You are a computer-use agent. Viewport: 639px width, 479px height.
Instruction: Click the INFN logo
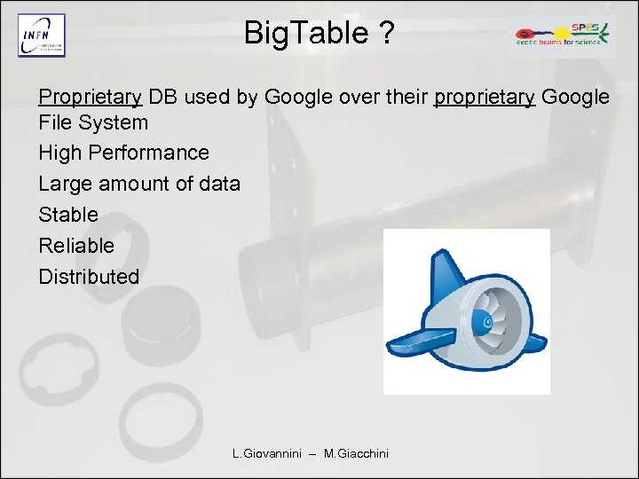[42, 36]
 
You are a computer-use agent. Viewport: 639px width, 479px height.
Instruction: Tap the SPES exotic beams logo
[562, 35]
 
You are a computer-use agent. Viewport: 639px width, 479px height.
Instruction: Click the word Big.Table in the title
[305, 34]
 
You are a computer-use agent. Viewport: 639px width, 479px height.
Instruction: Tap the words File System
[93, 122]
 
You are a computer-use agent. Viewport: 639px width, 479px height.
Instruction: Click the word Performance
[154, 153]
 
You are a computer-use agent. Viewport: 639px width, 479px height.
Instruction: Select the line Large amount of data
[139, 184]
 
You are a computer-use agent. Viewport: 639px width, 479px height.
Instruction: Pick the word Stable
[68, 215]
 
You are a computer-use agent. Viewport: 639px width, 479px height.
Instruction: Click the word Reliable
[76, 246]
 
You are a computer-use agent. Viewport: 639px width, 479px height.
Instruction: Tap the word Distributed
[89, 277]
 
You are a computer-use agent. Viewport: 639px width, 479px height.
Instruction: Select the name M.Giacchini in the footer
[356, 454]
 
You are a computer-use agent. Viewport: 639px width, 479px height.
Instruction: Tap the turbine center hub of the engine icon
[487, 320]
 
